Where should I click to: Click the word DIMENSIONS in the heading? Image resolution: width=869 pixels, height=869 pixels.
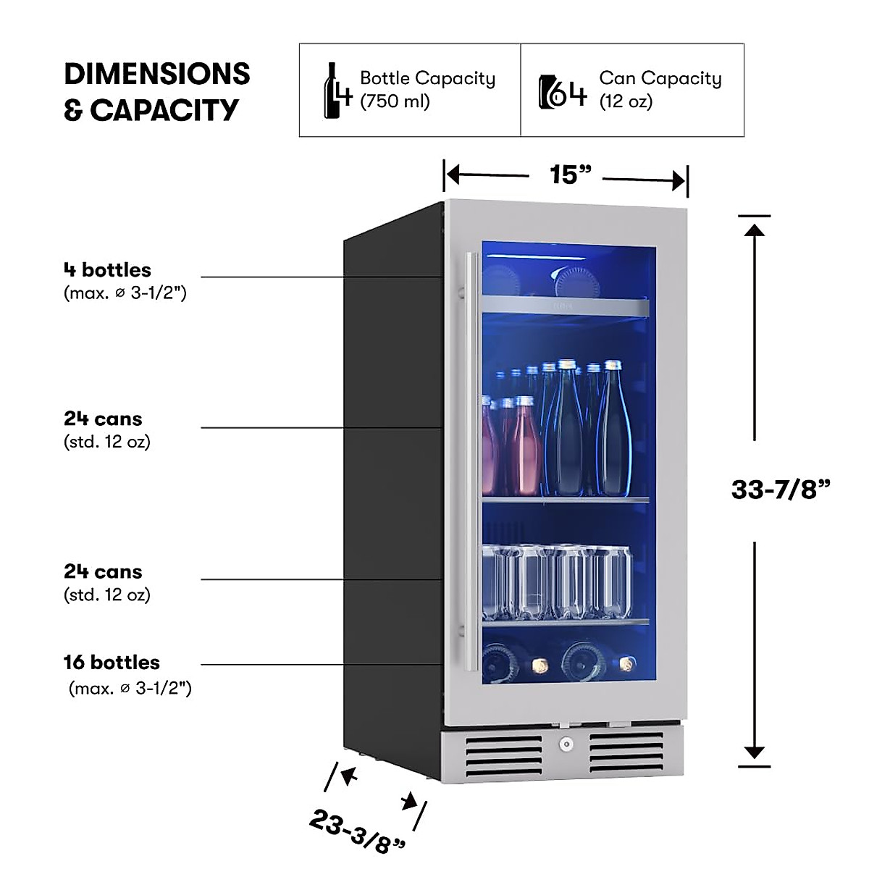click(x=157, y=74)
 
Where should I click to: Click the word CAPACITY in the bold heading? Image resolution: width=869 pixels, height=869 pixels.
click(x=164, y=110)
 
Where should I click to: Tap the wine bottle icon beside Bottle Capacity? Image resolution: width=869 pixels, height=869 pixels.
click(x=332, y=91)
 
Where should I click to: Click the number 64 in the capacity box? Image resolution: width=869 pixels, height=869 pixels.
click(x=570, y=93)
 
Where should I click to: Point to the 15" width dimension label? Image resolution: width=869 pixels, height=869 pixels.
click(x=570, y=175)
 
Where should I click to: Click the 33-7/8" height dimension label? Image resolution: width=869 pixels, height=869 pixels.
click(x=781, y=489)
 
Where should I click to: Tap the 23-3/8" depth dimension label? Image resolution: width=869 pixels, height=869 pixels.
click(x=357, y=831)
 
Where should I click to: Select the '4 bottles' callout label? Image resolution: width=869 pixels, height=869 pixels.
click(x=107, y=269)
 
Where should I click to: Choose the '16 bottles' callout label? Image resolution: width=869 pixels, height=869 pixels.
click(x=112, y=662)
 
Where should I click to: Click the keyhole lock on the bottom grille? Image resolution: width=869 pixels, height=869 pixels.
click(x=566, y=744)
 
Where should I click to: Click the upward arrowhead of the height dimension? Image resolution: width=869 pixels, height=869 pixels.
click(x=755, y=230)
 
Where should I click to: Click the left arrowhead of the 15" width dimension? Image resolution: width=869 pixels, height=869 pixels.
click(x=453, y=175)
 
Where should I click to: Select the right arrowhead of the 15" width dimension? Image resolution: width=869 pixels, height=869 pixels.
click(x=679, y=181)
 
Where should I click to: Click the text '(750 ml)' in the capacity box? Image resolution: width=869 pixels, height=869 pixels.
click(x=395, y=101)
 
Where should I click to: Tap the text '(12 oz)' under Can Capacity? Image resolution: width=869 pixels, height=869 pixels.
click(x=626, y=101)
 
